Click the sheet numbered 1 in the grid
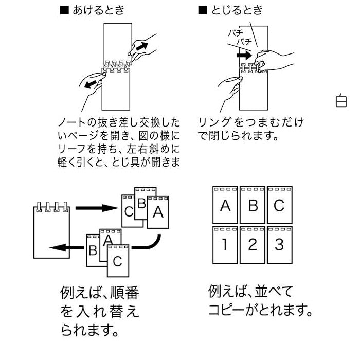tap(225, 245)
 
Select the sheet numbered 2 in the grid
tap(252, 245)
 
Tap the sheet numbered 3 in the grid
tap(279, 245)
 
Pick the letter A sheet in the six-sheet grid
tap(225, 205)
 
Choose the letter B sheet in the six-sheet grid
tap(252, 205)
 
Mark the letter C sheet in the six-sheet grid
tap(279, 205)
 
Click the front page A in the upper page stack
tap(158, 212)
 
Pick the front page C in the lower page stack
tap(118, 261)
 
